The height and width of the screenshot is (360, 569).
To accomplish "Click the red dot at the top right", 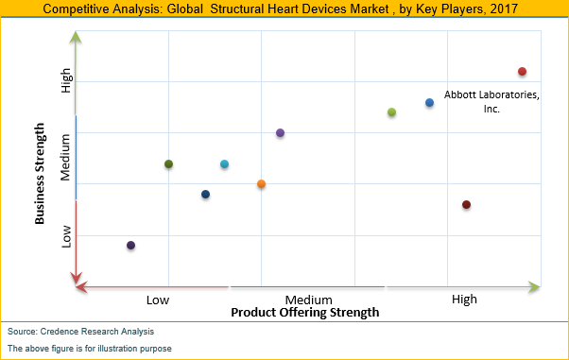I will point(522,72).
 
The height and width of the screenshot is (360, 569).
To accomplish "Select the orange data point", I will point(261,183).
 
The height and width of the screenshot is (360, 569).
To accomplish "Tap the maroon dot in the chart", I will point(466,205).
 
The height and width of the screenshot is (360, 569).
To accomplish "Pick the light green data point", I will point(391,112).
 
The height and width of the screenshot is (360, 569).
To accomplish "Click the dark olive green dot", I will point(168,164).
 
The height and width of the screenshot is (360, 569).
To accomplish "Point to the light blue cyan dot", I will point(224,164).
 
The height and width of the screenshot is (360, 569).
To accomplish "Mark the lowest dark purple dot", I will point(130,246).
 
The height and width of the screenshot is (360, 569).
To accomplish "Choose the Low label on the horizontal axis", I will point(158,300).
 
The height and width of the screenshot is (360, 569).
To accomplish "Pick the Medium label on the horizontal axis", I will point(308,300).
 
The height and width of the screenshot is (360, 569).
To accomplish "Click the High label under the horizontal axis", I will point(464,300).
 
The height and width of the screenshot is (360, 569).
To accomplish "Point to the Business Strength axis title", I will point(41,172).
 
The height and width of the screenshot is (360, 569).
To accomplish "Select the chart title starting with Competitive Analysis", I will point(284,9).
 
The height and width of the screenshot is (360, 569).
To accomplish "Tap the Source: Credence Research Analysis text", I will point(80,332).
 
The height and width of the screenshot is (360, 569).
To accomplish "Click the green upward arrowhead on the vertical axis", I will point(77,38).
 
